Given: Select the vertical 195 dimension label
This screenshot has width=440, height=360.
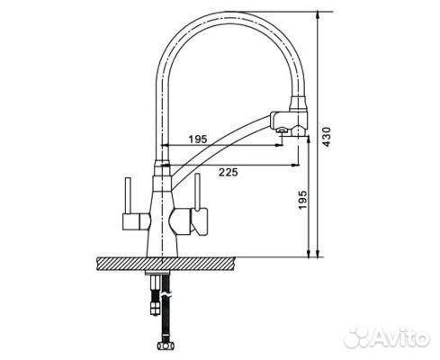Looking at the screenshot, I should pos(303,202).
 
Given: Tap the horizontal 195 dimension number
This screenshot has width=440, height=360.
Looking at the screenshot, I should pos(199,138).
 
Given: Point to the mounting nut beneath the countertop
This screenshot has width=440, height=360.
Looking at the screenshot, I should pos(162,278).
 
